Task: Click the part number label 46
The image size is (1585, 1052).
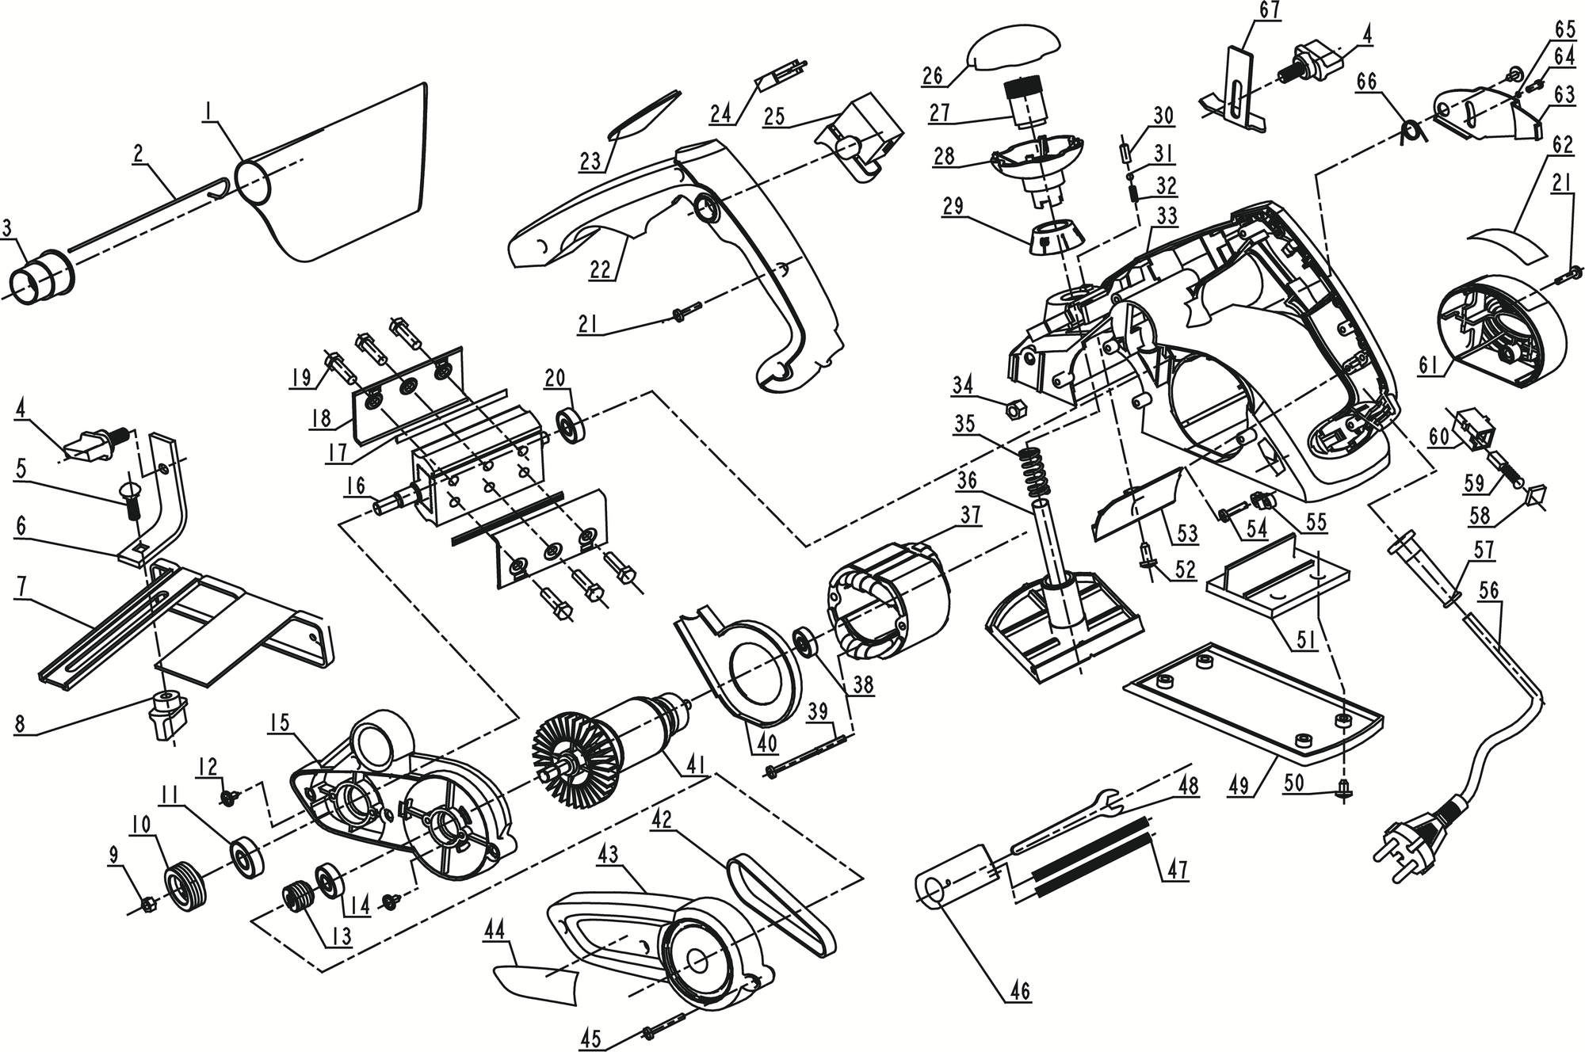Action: [x=1019, y=990]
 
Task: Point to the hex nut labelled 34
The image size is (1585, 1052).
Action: [x=1012, y=410]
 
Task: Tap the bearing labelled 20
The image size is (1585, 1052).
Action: [x=570, y=425]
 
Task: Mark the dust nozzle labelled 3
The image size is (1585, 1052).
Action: [x=40, y=278]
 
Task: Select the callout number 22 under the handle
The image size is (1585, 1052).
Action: [x=601, y=269]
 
